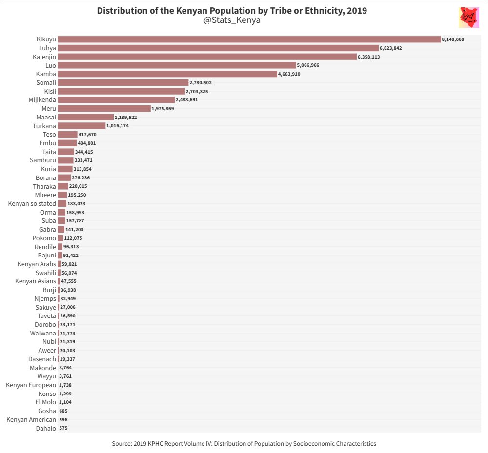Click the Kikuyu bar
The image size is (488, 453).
pos(249,39)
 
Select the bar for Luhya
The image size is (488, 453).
pos(218,48)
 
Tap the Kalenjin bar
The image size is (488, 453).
pos(207,57)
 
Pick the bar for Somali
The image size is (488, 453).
pos(123,83)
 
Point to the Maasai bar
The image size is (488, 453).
pos(85,117)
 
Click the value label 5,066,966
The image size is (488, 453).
pos(308,65)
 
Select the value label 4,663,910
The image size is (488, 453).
pos(289,74)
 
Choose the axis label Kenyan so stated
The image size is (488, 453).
pos(32,203)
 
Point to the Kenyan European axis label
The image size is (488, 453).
pos(31,385)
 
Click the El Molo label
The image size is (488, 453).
pos(45,402)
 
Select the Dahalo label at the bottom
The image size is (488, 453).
pos(45,428)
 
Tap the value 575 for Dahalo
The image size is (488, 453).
pos(63,428)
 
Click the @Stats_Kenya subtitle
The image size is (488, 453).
pos(232,20)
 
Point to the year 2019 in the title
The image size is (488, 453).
pos(356,10)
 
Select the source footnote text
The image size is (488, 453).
pos(244,444)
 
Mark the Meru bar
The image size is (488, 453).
pos(104,109)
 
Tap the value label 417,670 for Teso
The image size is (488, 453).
pos(88,135)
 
